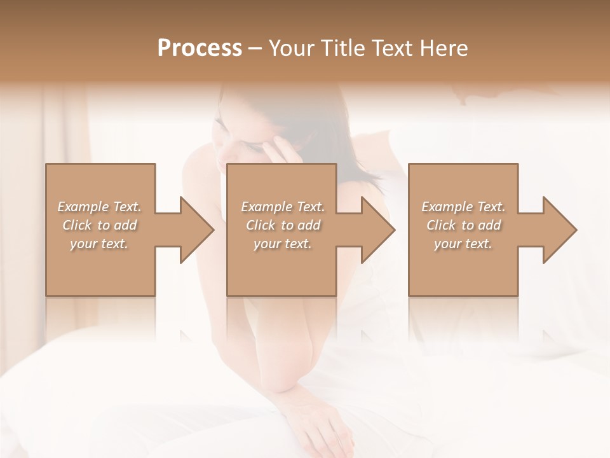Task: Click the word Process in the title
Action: (200, 48)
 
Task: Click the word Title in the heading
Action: (340, 48)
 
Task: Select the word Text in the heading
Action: (391, 48)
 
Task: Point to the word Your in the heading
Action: (293, 48)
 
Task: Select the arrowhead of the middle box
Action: (378, 230)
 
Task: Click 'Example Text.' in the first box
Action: (99, 207)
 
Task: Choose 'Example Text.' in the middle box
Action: (283, 207)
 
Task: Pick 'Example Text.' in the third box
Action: (463, 207)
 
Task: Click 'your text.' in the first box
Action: (99, 243)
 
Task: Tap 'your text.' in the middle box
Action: (283, 243)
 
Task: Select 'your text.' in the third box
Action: (463, 243)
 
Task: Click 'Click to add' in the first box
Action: (99, 225)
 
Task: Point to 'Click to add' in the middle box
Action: (283, 225)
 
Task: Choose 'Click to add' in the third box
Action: (463, 225)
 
